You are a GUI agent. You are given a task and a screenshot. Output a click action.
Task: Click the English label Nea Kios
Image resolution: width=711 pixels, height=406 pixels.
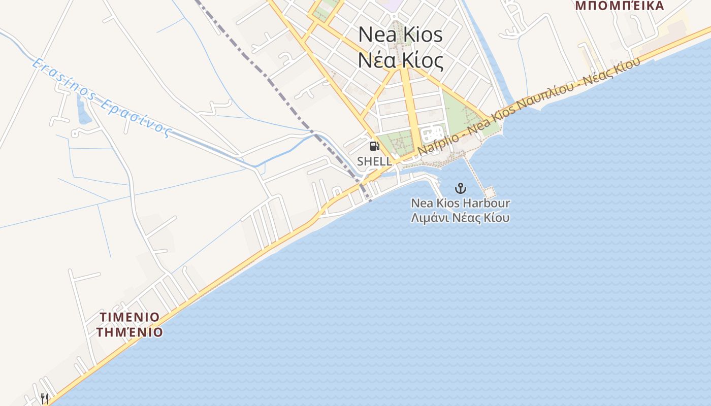tap(400, 35)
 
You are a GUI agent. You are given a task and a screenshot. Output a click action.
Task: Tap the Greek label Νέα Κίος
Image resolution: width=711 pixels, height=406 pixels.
tap(400, 60)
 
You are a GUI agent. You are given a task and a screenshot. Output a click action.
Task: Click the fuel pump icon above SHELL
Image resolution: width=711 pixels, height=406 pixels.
tap(375, 147)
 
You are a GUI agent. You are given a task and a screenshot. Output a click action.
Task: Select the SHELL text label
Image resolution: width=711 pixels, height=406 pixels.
tap(374, 161)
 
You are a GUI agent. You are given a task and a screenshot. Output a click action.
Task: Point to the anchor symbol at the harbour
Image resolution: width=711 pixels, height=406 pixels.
tap(460, 189)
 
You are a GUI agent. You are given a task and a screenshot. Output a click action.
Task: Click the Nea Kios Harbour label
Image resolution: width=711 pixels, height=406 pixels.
tap(460, 204)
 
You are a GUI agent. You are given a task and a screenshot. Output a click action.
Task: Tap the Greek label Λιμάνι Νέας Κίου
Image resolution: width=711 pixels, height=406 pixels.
tap(460, 218)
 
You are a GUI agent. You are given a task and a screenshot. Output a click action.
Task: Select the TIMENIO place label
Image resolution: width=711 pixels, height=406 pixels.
tap(130, 317)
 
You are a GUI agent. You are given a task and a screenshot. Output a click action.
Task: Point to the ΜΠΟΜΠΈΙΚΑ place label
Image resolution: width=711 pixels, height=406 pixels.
tap(620, 6)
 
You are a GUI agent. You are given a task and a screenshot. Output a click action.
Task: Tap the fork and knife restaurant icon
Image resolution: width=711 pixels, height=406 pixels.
tap(45, 398)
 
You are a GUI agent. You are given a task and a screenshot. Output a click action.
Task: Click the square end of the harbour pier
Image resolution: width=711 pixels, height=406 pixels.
tap(490, 192)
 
